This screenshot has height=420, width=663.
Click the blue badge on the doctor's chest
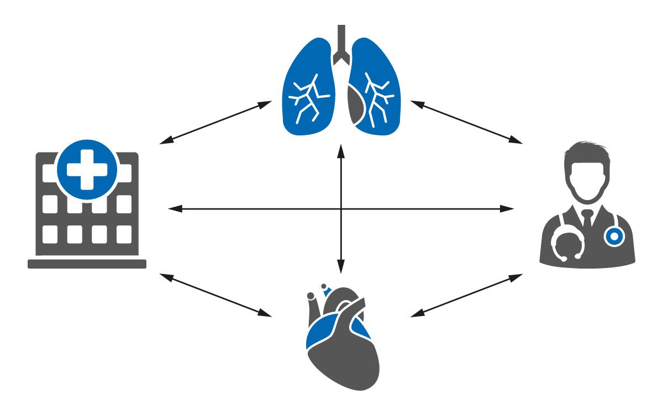pos(613,237)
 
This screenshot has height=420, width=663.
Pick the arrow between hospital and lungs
pos(215,123)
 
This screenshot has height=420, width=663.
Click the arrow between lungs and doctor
pos(466,123)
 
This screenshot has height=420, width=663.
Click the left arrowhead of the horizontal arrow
pos(172,209)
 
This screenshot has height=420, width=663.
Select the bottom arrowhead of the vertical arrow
pos(341,269)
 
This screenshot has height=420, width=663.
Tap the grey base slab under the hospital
pos(87,264)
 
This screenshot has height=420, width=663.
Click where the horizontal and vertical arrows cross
pos(341,209)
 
